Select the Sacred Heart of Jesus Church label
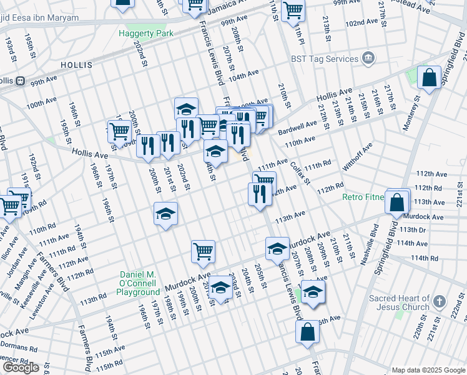(x=399, y=302)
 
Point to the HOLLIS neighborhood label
(x=77, y=65)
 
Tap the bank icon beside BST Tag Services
(x=368, y=59)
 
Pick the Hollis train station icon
(x=21, y=81)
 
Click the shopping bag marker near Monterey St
(x=429, y=78)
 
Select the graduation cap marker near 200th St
(x=165, y=214)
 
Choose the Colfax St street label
(x=300, y=172)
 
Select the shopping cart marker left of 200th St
(x=119, y=132)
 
